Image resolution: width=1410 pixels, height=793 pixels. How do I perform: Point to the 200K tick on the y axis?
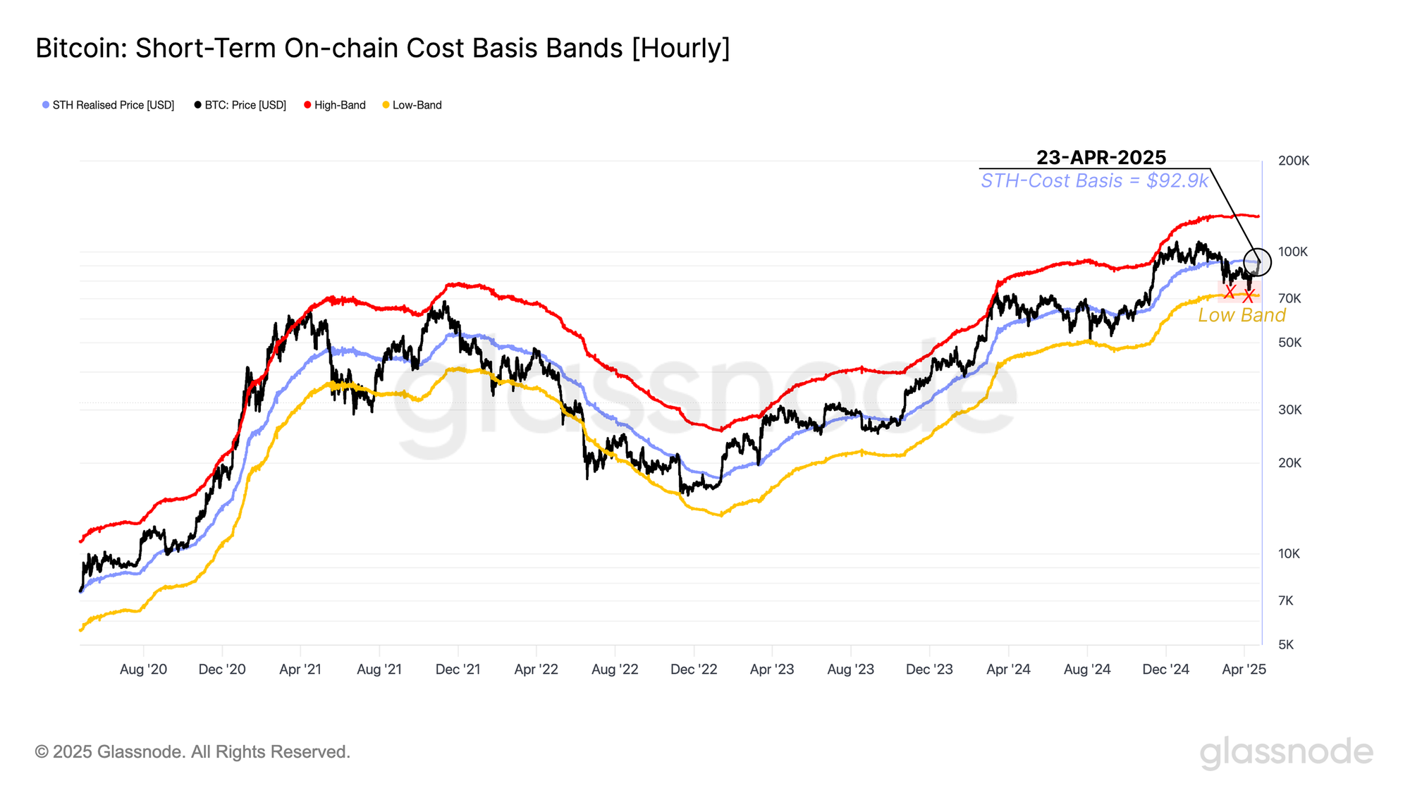(1294, 161)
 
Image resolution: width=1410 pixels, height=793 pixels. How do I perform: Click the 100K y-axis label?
(1293, 252)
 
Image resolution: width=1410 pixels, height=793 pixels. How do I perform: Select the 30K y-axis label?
(1289, 410)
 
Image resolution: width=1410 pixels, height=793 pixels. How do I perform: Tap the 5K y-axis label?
(1286, 644)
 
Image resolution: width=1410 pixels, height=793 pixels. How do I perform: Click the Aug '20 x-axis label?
(143, 669)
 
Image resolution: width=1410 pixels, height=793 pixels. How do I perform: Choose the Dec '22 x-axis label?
(694, 669)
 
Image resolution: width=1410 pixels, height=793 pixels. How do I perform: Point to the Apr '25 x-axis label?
(1244, 669)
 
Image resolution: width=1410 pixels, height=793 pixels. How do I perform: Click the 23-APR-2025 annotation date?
(1101, 157)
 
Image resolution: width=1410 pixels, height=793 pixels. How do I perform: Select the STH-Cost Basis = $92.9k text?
(1094, 180)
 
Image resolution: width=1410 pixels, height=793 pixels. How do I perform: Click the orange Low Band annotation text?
(1242, 315)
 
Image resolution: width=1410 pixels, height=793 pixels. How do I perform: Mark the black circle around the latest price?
(1257, 262)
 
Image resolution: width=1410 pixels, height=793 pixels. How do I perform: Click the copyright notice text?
(192, 751)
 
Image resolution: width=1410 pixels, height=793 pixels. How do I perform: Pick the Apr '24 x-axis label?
(1008, 669)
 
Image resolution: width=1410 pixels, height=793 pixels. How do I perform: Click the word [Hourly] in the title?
(680, 48)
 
